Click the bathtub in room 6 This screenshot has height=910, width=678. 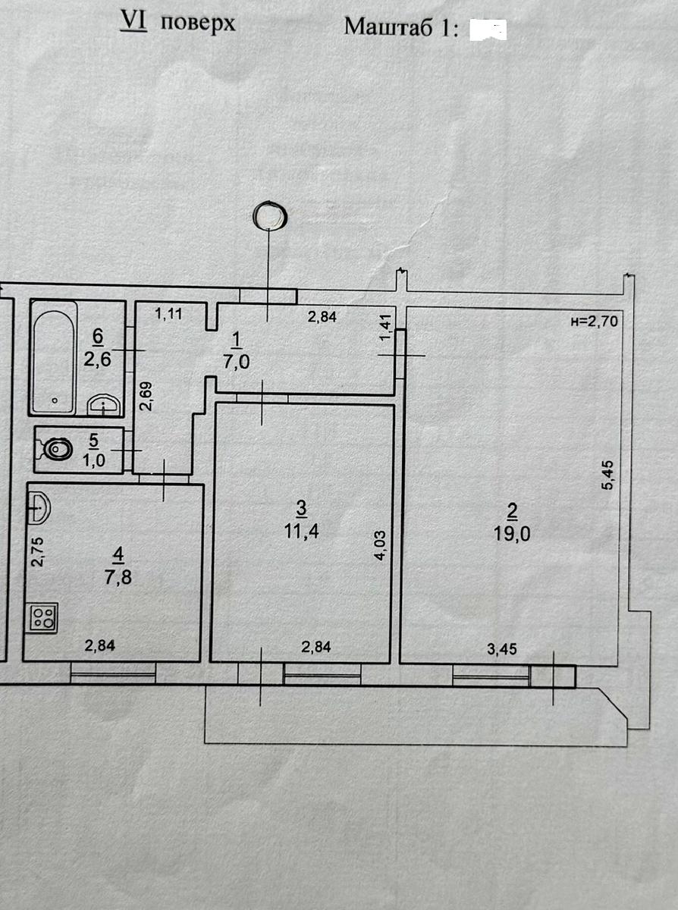click(x=54, y=357)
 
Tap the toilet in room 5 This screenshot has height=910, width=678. click(x=55, y=450)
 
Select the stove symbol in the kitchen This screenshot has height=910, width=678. click(x=43, y=617)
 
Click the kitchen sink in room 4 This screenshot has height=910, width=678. click(x=39, y=507)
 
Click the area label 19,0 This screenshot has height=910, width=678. click(x=512, y=534)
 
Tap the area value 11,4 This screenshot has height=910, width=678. click(x=302, y=532)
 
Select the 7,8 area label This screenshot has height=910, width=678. click(x=118, y=578)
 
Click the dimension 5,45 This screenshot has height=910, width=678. click(x=608, y=475)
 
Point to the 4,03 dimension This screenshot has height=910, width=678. click(x=381, y=546)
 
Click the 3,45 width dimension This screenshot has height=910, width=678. click(x=501, y=649)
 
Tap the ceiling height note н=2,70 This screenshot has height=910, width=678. click(x=594, y=322)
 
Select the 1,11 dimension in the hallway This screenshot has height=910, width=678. click(x=168, y=314)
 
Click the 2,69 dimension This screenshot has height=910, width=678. click(x=146, y=396)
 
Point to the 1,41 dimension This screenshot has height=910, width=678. click(x=386, y=328)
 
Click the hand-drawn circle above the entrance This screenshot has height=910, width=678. click(x=270, y=215)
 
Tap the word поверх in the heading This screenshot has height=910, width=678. click(x=198, y=24)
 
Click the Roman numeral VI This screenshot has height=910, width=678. click(x=133, y=21)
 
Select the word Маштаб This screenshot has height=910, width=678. click(x=388, y=27)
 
